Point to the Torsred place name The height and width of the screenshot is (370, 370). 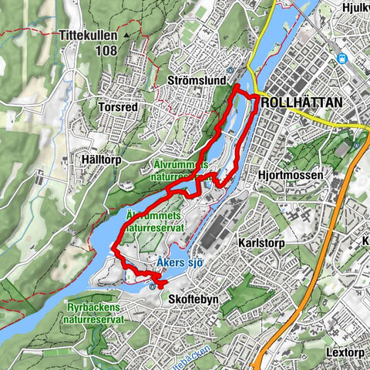click(118, 107)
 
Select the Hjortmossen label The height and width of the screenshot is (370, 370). click(291, 176)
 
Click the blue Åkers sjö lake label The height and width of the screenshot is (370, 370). click(179, 264)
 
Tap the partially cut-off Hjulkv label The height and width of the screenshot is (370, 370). click(355, 8)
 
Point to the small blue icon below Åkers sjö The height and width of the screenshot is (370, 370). click(152, 287)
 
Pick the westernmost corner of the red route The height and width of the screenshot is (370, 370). click(113, 248)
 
